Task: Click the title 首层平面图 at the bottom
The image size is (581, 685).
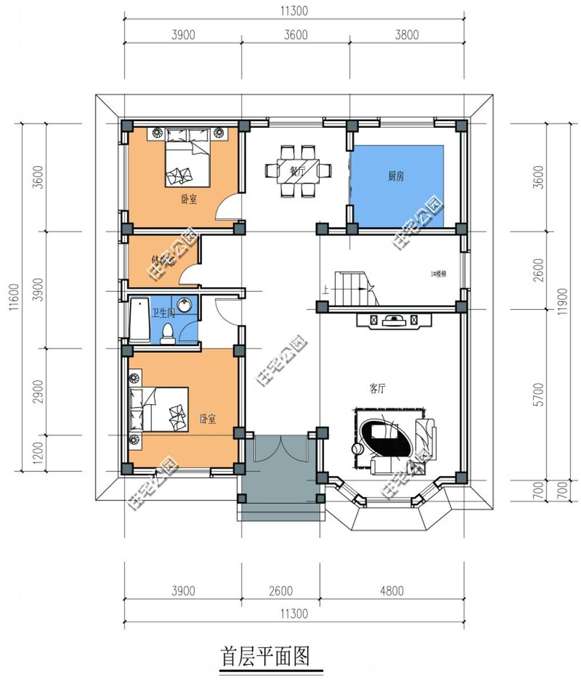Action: [265, 656]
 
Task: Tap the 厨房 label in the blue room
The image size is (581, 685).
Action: [396, 176]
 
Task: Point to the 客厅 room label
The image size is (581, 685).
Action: [377, 389]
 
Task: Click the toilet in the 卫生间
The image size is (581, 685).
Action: [167, 335]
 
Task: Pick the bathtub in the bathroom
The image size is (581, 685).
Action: [139, 320]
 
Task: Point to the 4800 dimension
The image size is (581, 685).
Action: [391, 591]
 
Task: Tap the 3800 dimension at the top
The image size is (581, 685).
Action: [406, 35]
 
